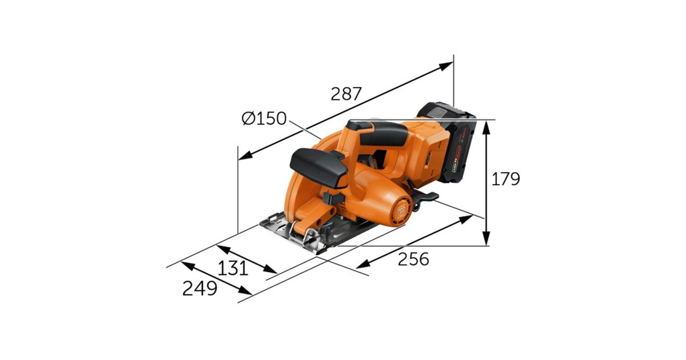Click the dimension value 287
[346, 94]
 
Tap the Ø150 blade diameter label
[264, 118]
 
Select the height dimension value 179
[505, 179]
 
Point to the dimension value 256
[413, 259]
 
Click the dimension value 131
[233, 269]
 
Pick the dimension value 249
[200, 289]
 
